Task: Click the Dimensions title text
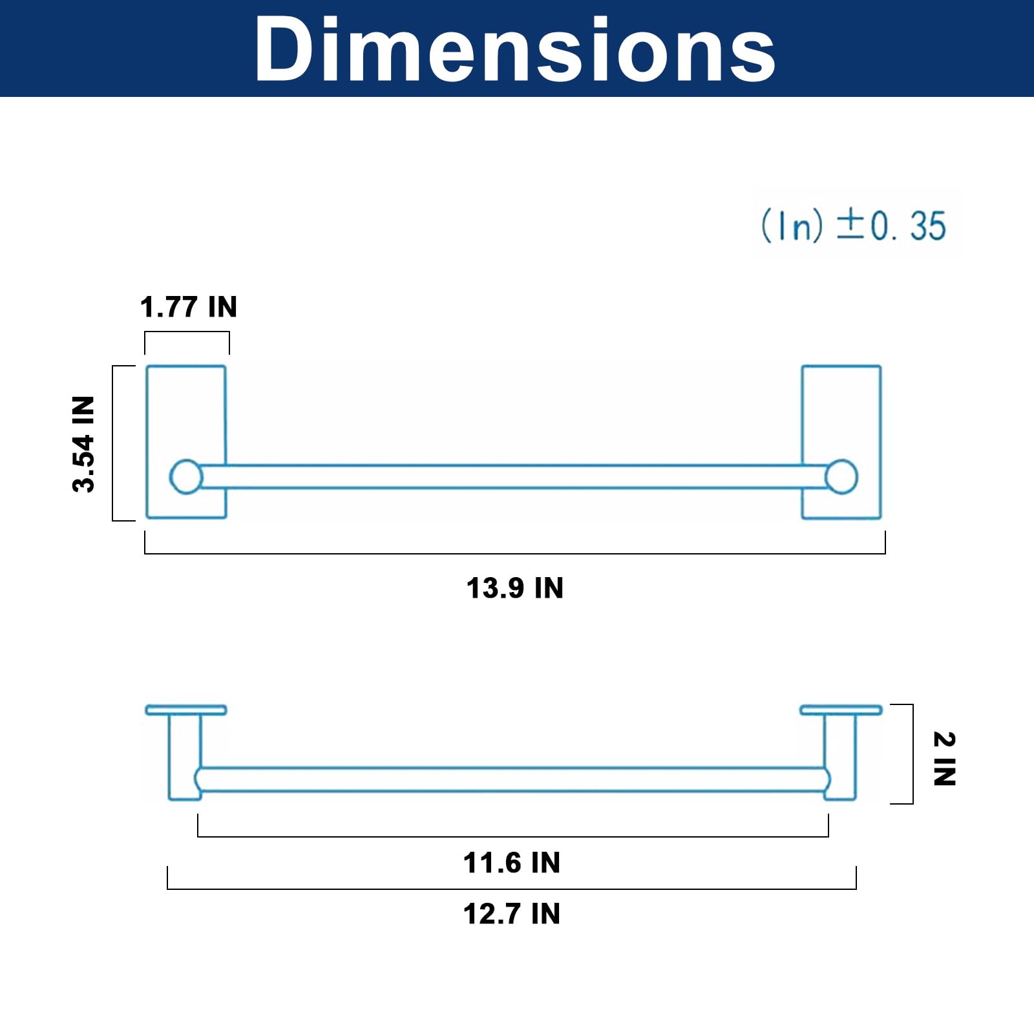[x=515, y=49]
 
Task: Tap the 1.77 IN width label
[x=189, y=307]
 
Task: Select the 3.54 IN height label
[x=84, y=444]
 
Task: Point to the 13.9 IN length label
[x=515, y=588]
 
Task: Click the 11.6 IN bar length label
[x=512, y=863]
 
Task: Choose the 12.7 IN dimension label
[x=512, y=914]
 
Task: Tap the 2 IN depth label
[x=944, y=759]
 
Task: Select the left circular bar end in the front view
[x=186, y=477]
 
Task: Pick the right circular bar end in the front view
[x=841, y=477]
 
